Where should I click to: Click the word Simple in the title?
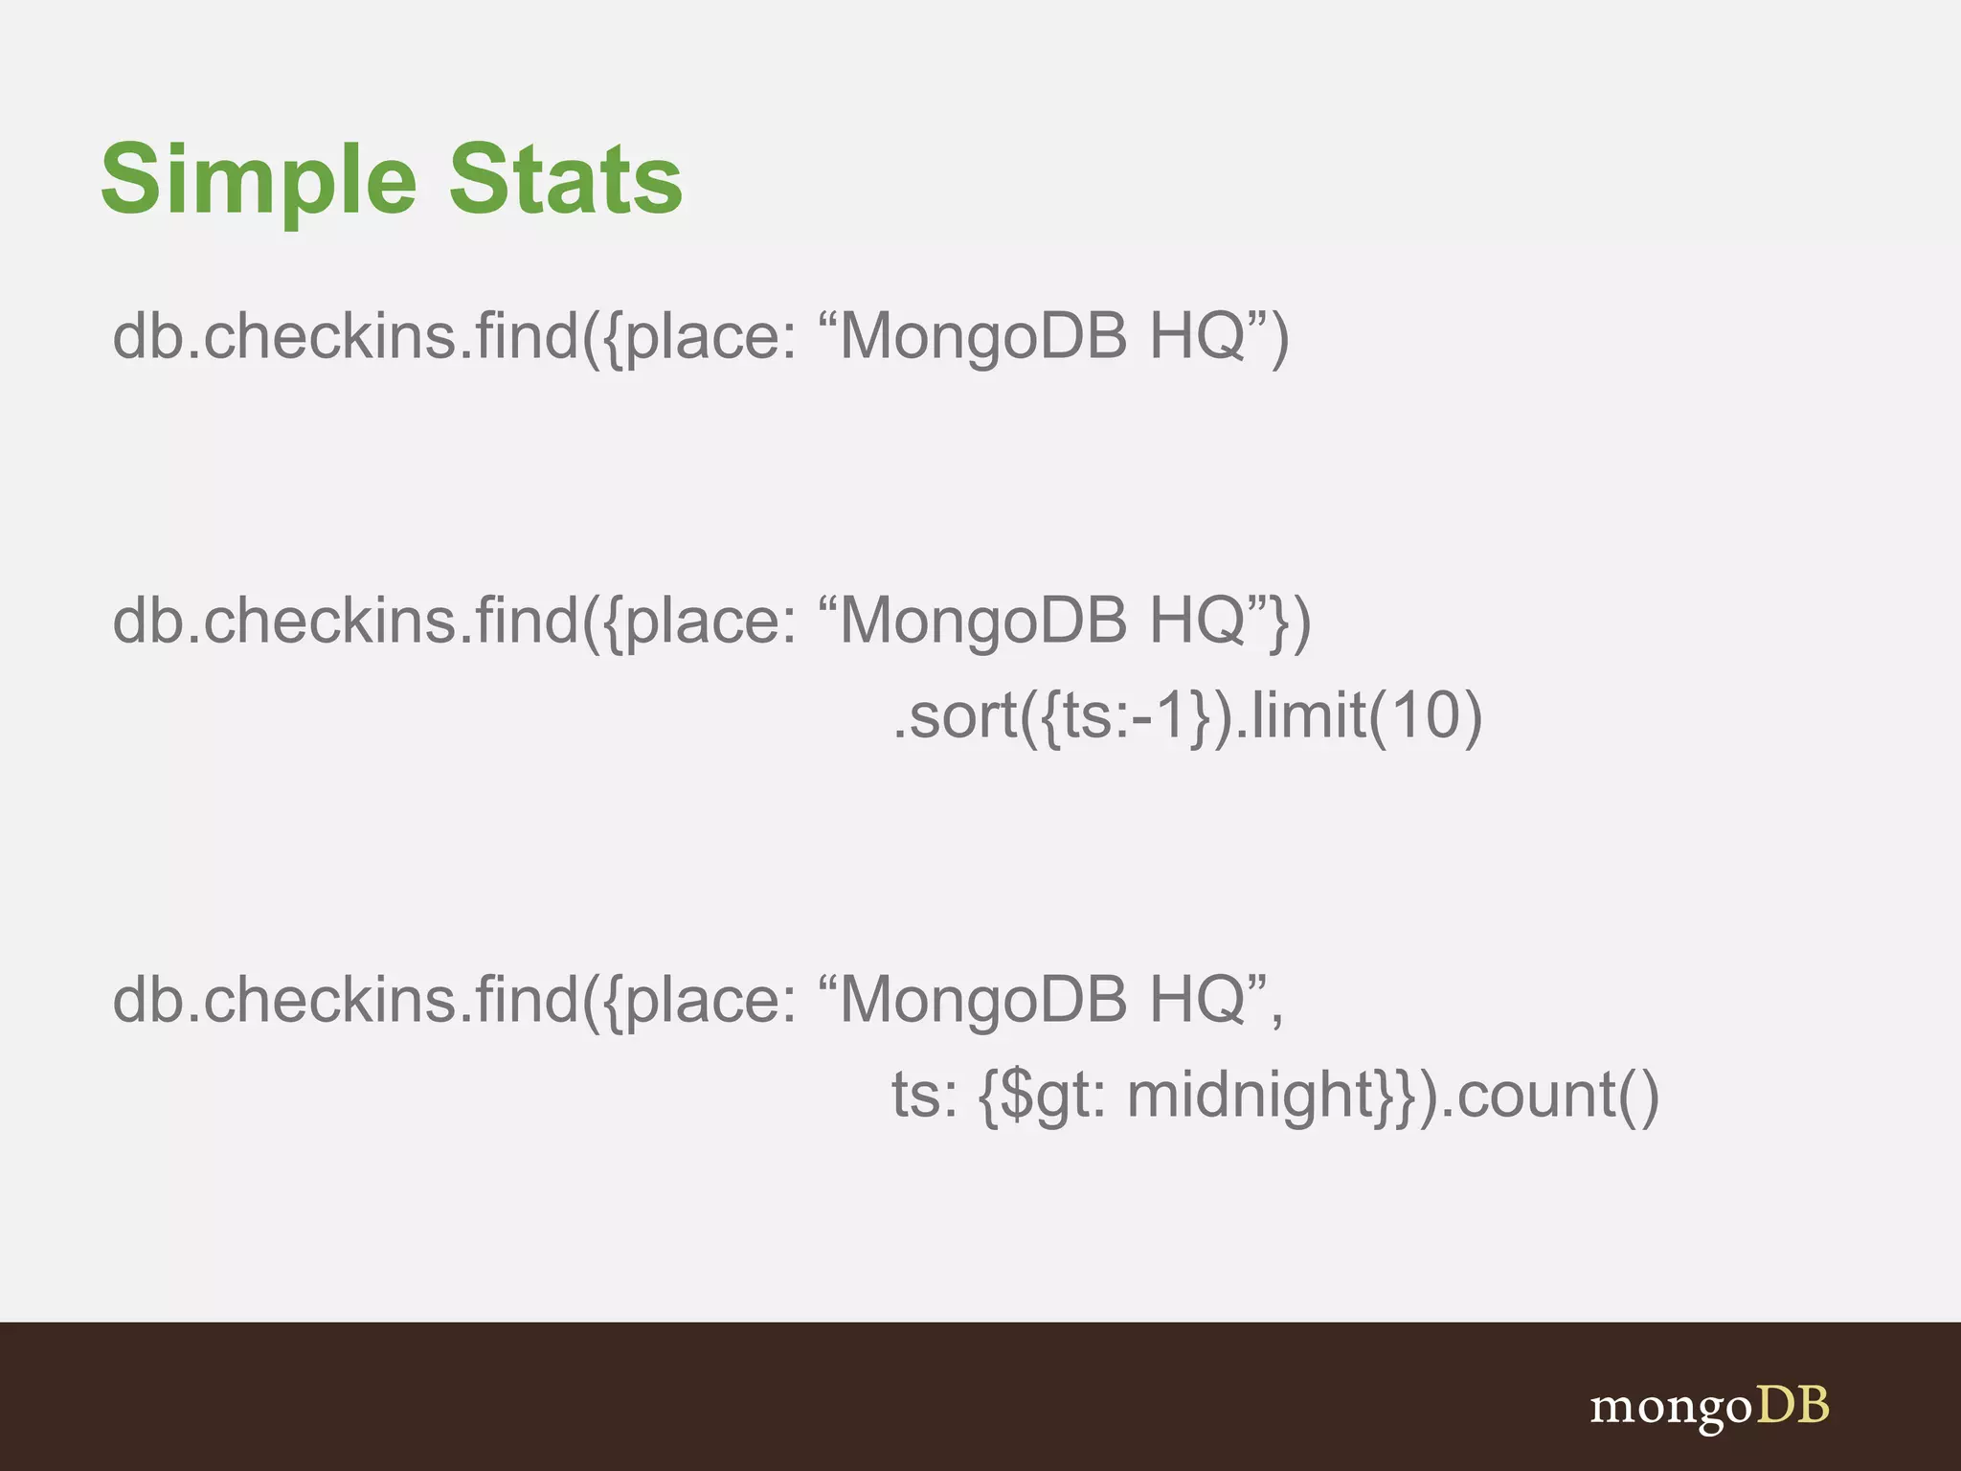click(x=259, y=180)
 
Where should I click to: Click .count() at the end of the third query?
click(x=1551, y=1095)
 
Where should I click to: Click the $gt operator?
click(x=1053, y=1095)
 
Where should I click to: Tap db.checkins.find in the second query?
click(x=345, y=621)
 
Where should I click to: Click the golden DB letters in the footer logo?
click(x=1792, y=1406)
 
